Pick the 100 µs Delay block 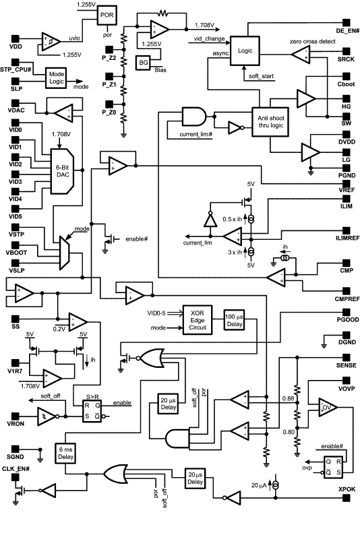pos(235,320)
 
